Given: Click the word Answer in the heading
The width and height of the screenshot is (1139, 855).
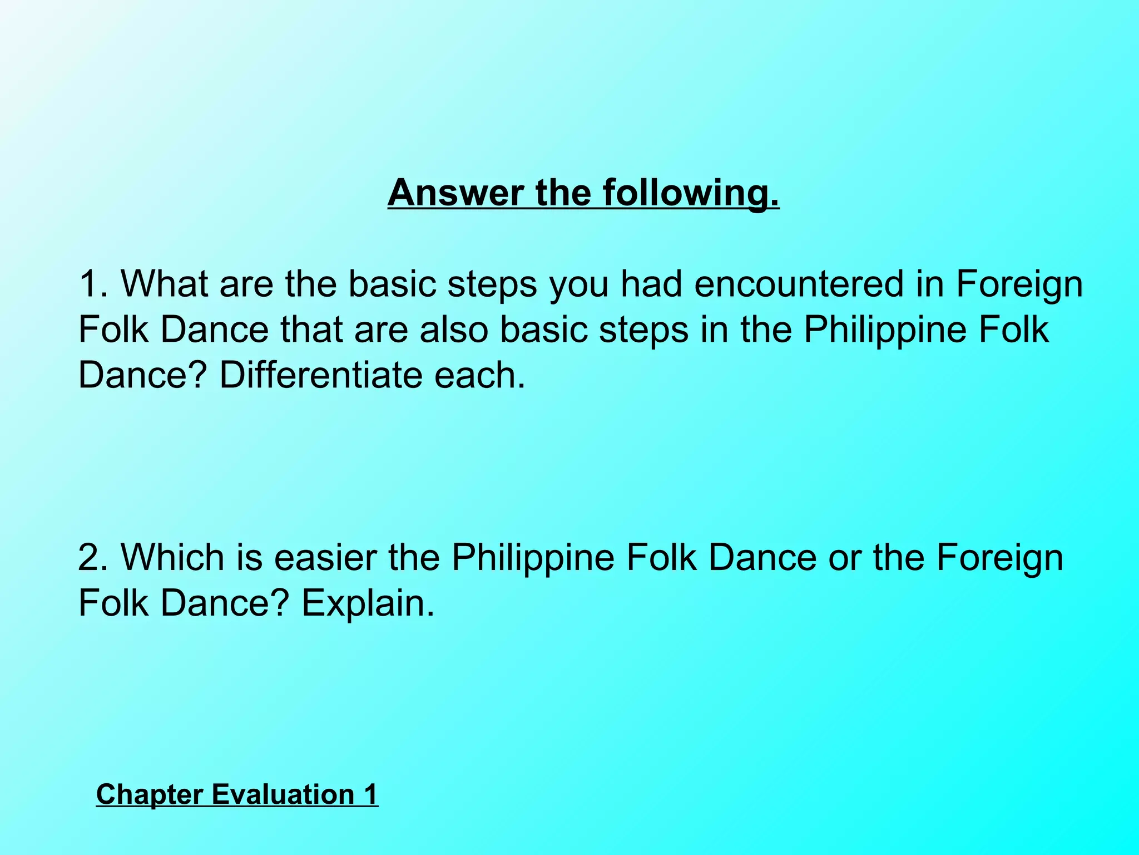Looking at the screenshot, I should pyautogui.click(x=455, y=193).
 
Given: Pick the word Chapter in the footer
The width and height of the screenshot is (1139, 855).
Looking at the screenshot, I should pyautogui.click(x=149, y=794).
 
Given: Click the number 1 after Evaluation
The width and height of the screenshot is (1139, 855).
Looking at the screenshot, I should pyautogui.click(x=370, y=794).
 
